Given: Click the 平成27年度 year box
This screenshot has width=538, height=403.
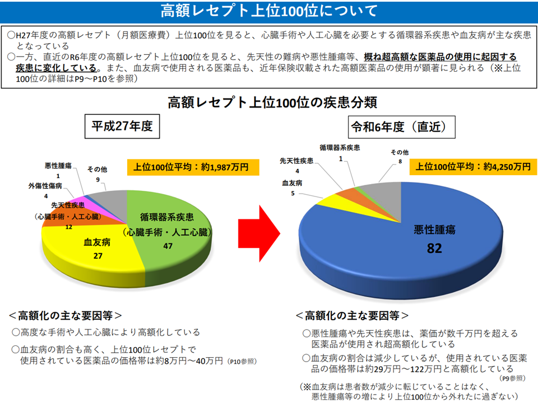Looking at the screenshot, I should point(122,126).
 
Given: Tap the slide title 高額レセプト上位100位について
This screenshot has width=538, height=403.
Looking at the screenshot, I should point(269,11).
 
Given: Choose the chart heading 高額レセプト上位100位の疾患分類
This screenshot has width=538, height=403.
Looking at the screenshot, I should point(269,102).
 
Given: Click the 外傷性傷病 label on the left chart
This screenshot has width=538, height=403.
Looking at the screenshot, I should point(45,185).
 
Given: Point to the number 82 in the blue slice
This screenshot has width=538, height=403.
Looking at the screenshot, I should point(435,249).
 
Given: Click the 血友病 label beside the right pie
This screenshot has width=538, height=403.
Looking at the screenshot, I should point(293,182).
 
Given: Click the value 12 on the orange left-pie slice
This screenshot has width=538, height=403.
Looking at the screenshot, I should point(69,227).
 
